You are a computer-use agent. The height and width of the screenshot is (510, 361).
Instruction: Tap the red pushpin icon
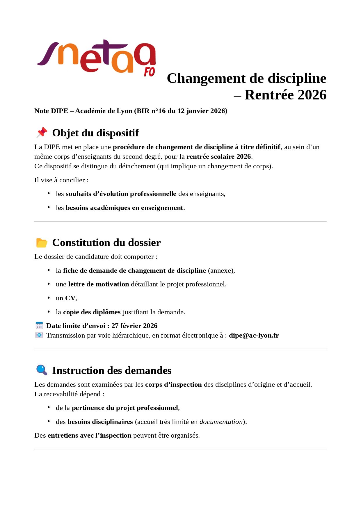tap(42, 133)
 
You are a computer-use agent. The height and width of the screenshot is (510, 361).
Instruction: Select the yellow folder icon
tap(42, 242)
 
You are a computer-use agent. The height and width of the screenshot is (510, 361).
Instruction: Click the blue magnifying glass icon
tap(42, 370)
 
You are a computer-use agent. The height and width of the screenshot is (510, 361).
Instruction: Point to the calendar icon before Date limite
tap(39, 325)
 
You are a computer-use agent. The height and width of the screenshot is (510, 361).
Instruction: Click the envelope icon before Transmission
tap(39, 335)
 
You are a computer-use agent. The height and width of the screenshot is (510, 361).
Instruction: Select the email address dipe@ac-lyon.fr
tap(254, 335)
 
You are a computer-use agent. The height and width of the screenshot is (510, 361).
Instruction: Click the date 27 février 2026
tap(134, 326)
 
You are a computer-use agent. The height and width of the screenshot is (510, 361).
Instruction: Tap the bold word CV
tap(70, 298)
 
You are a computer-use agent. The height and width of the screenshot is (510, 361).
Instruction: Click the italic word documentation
tap(221, 422)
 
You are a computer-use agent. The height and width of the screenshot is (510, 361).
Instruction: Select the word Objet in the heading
tap(65, 133)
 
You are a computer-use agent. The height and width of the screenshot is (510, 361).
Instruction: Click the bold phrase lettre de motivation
tap(99, 284)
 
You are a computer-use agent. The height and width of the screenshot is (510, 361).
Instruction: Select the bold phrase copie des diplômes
tap(92, 312)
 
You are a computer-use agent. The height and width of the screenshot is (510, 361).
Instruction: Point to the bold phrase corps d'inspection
tap(173, 384)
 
